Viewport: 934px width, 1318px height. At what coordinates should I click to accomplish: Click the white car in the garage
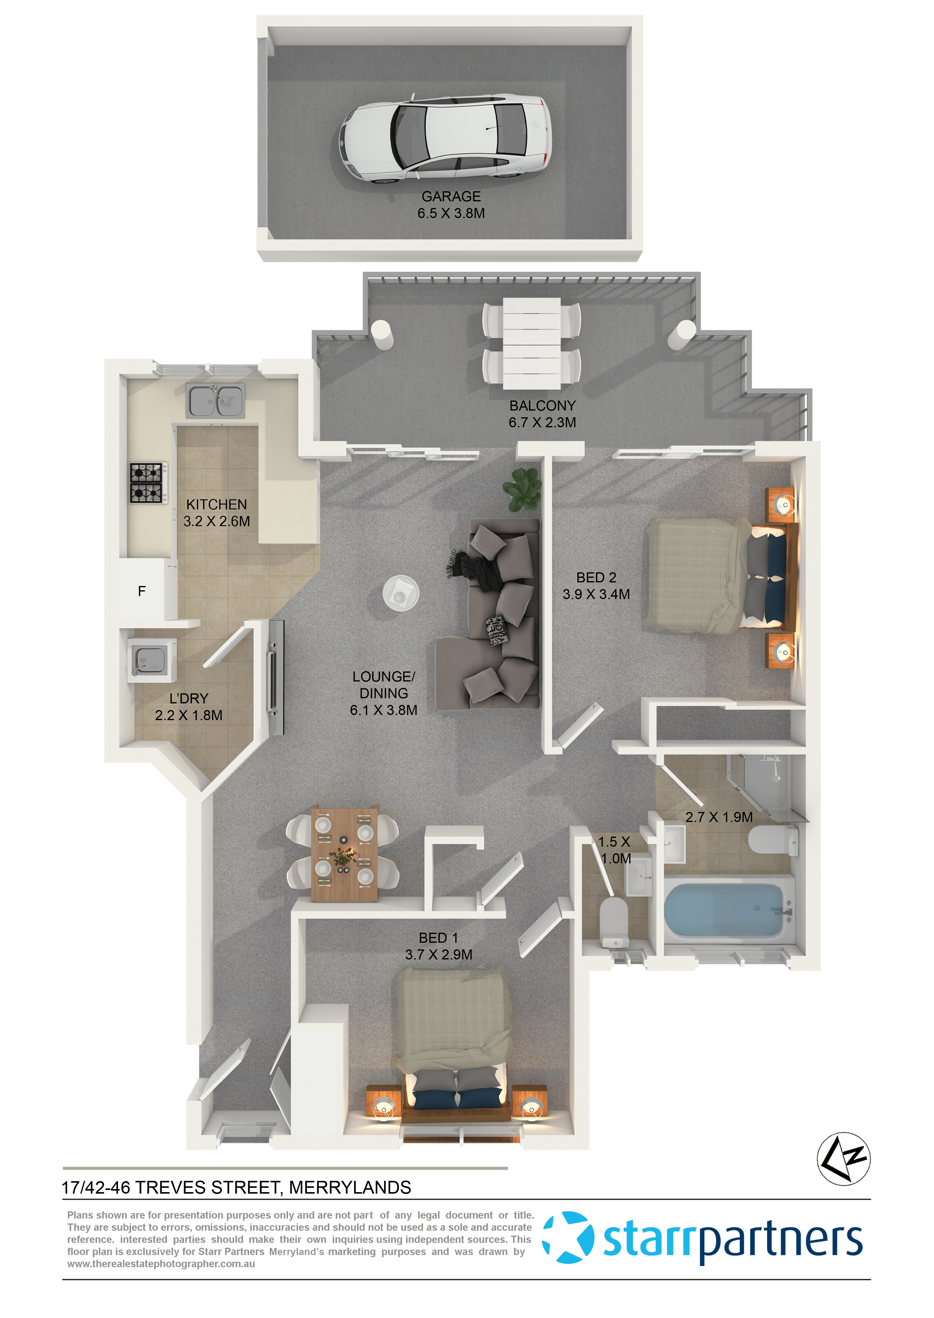pos(446,138)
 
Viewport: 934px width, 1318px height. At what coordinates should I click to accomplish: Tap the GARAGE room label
pos(451,197)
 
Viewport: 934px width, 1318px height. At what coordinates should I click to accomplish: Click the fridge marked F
pos(142,591)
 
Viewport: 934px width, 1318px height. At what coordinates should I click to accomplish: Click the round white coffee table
pos(401,592)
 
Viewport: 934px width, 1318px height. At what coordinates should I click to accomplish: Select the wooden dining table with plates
pos(344,854)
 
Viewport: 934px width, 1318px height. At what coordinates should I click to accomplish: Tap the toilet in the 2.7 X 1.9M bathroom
pos(773,841)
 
